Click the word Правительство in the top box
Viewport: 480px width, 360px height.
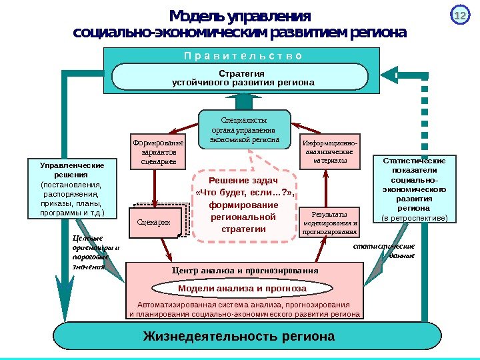coord(242,55)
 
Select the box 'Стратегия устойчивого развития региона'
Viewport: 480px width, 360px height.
coord(243,77)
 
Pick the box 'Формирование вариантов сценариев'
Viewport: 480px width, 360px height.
coord(159,152)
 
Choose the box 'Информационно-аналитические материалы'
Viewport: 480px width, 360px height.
coord(330,153)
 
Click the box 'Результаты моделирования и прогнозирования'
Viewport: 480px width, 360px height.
coord(330,223)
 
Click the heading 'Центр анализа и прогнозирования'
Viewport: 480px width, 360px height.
coord(245,271)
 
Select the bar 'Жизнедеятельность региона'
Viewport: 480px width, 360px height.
coord(239,335)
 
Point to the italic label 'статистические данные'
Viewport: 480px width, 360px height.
coord(393,250)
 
